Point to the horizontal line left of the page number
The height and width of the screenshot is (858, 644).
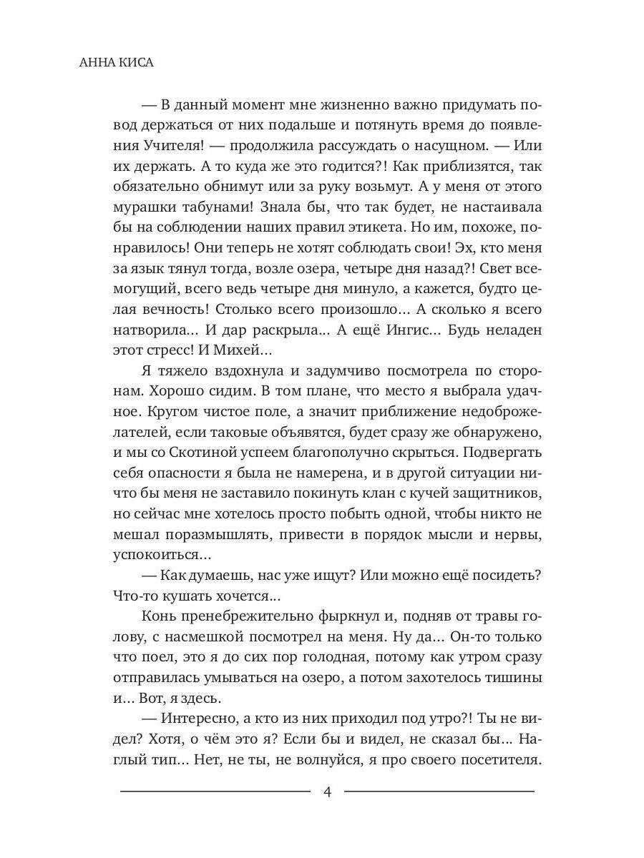215,792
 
